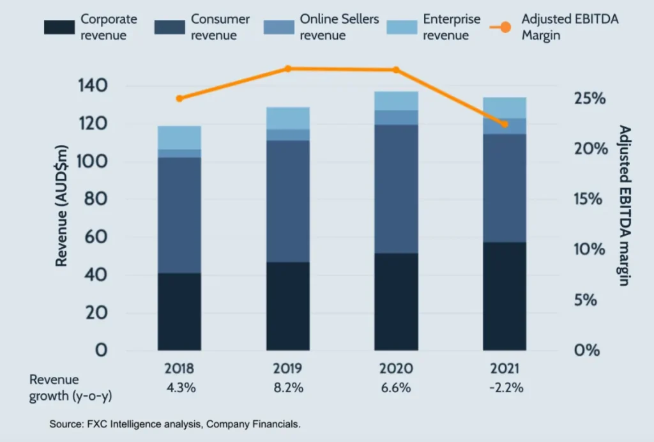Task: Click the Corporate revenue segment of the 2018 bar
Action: click(x=179, y=312)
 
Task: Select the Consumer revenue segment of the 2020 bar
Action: click(x=396, y=188)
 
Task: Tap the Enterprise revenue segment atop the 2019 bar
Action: click(x=288, y=118)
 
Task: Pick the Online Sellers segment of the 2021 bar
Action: click(x=505, y=126)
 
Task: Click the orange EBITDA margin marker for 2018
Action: click(x=179, y=98)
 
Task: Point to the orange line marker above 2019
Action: click(x=288, y=68)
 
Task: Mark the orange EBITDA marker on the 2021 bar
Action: click(x=504, y=124)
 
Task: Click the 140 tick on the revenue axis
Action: click(x=93, y=86)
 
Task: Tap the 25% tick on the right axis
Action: click(x=589, y=99)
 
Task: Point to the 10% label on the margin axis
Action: click(x=589, y=249)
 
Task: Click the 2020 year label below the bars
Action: click(x=396, y=369)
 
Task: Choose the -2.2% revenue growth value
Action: click(x=505, y=388)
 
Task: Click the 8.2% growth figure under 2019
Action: click(x=288, y=388)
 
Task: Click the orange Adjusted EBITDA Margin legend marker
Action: click(x=504, y=27)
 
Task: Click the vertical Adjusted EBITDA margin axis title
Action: click(x=625, y=206)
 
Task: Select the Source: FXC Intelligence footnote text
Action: click(x=174, y=423)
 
